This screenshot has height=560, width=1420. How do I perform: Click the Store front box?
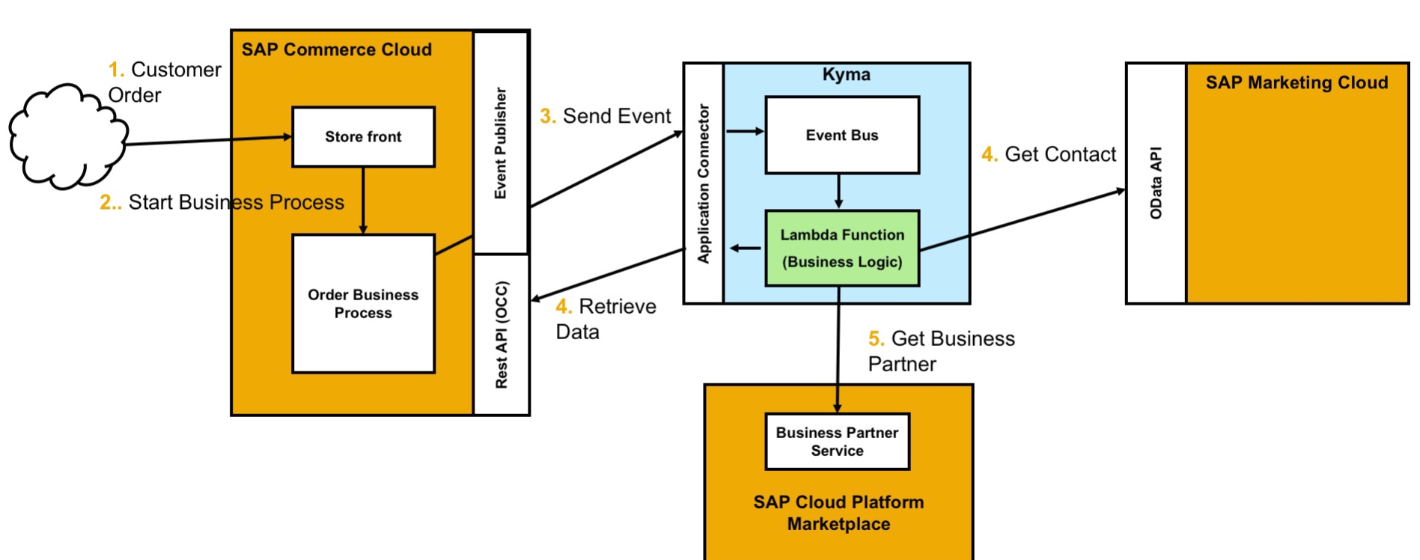(x=363, y=137)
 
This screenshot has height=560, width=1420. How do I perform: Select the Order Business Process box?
(x=363, y=303)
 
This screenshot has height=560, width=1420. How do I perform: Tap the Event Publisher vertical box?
(x=501, y=142)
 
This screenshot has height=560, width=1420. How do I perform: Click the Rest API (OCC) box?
(x=501, y=334)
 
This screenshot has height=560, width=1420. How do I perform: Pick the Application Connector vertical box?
(x=703, y=183)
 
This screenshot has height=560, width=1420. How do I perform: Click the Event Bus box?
(x=841, y=136)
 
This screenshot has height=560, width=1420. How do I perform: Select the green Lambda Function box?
(x=841, y=248)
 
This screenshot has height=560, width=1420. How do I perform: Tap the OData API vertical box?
(x=1156, y=183)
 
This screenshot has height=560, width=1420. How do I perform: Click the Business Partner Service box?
(x=837, y=442)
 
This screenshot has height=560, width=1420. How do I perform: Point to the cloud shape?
(x=66, y=137)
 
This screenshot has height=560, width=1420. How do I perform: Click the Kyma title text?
(x=846, y=75)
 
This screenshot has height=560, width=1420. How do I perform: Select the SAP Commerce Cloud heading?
(x=336, y=50)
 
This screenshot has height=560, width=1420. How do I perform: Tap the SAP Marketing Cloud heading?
(x=1296, y=83)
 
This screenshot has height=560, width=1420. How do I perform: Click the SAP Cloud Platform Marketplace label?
(x=838, y=513)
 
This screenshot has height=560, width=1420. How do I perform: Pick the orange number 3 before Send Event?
(x=547, y=117)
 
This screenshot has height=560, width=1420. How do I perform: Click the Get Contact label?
(x=1059, y=155)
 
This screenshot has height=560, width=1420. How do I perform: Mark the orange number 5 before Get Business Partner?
(x=876, y=339)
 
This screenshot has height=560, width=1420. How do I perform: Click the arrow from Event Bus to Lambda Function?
(x=838, y=192)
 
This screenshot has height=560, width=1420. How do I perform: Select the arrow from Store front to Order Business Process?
(x=363, y=200)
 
